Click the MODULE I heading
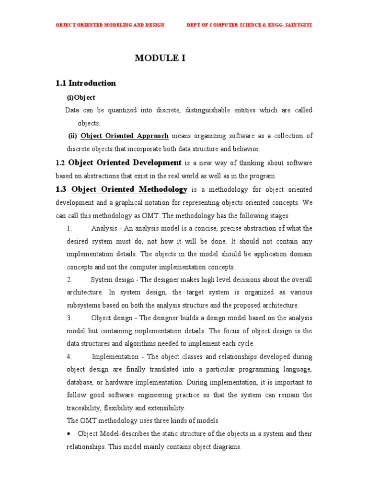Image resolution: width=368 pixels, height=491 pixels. pyautogui.click(x=160, y=58)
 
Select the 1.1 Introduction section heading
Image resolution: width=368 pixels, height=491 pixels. pyautogui.click(x=86, y=83)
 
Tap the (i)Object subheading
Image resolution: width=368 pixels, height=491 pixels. pyautogui.click(x=81, y=97)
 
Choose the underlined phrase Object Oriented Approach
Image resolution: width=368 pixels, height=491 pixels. pyautogui.click(x=125, y=136)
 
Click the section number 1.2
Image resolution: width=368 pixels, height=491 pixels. pyautogui.click(x=60, y=163)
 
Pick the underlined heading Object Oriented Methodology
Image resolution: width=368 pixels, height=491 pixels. pyautogui.click(x=129, y=189)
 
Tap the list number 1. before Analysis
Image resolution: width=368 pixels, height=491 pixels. pyautogui.click(x=69, y=228)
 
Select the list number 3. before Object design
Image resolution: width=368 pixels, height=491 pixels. pyautogui.click(x=69, y=318)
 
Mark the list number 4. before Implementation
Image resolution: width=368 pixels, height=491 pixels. pyautogui.click(x=69, y=357)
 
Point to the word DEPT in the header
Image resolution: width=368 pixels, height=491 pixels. pyautogui.click(x=194, y=25)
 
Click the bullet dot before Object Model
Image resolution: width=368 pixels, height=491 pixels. pyautogui.click(x=69, y=434)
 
